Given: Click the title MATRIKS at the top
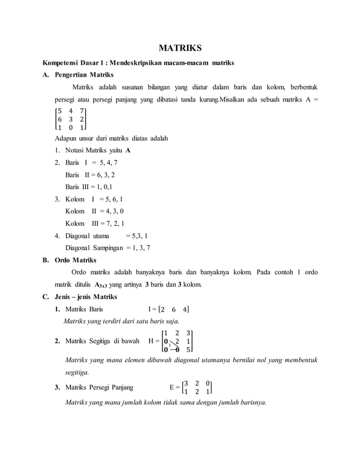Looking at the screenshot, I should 179,48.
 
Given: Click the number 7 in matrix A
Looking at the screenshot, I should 82,111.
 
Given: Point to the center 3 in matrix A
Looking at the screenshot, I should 71,119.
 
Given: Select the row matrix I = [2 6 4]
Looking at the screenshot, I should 169,309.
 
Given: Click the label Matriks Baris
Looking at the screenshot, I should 84,309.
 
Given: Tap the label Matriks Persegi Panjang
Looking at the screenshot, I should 99,388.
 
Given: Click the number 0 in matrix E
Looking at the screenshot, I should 208,383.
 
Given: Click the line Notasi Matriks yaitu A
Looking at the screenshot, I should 98,151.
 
